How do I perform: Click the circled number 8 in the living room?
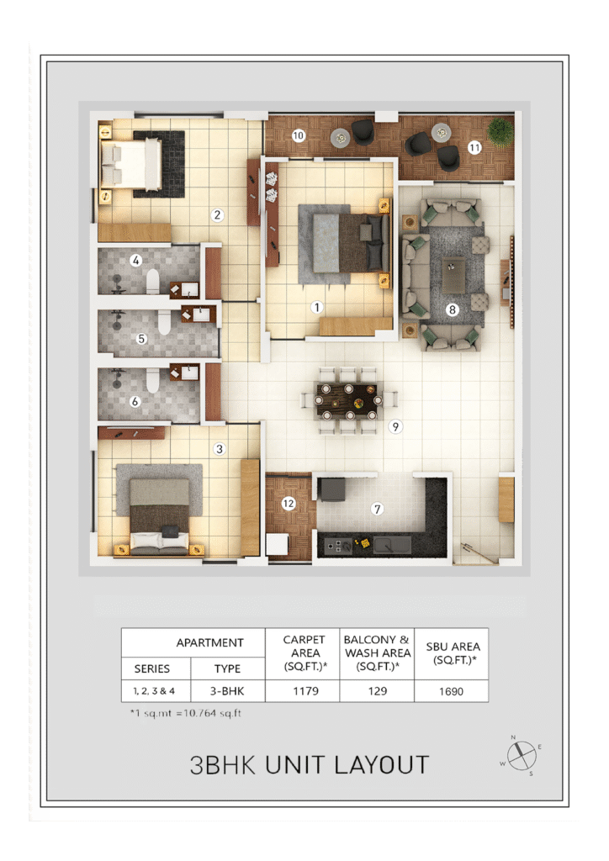452,309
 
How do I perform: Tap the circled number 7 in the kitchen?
377,509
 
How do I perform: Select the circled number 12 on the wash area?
289,503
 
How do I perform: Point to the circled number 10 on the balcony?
298,135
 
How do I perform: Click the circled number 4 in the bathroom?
135,261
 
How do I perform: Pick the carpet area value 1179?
305,691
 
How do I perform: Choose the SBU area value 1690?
451,691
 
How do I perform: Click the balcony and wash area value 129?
378,691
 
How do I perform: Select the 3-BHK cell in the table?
227,691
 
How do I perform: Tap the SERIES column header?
152,668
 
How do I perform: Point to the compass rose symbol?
522,756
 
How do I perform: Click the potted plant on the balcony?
500,131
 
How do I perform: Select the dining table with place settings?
348,402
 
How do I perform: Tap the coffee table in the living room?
453,275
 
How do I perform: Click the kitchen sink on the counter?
392,545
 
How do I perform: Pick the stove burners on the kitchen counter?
337,546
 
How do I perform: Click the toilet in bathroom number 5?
164,322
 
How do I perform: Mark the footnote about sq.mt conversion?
186,713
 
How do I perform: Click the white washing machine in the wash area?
278,544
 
